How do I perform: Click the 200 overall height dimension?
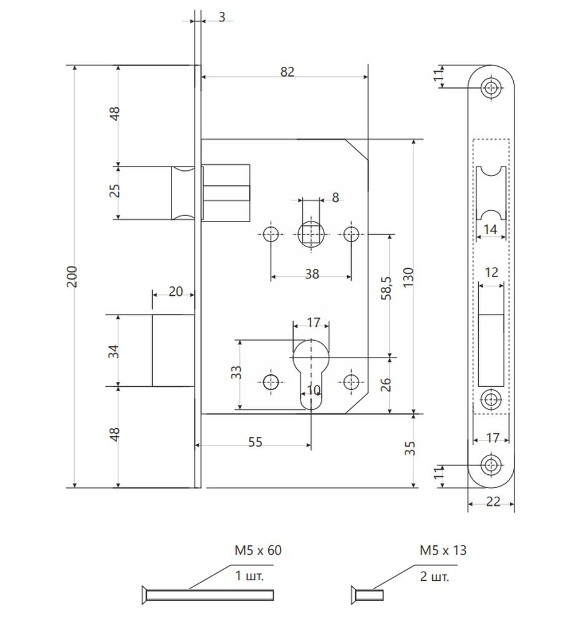pyautogui.click(x=72, y=276)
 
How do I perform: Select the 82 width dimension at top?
pyautogui.click(x=287, y=72)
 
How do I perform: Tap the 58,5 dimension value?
pyautogui.click(x=387, y=288)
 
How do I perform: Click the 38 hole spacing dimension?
pyautogui.click(x=312, y=274)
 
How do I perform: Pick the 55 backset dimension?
pyautogui.click(x=255, y=442)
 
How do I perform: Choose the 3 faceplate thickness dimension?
pyautogui.click(x=221, y=17)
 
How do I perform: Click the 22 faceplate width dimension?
pyautogui.click(x=493, y=502)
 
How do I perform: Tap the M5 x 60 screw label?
pyautogui.click(x=258, y=550)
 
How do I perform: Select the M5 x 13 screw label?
pyautogui.click(x=443, y=550)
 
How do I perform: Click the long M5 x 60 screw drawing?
pyautogui.click(x=208, y=595)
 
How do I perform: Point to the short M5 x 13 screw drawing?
pyautogui.click(x=367, y=595)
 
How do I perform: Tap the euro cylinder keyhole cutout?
pyautogui.click(x=311, y=374)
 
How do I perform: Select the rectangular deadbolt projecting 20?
pyautogui.click(x=173, y=350)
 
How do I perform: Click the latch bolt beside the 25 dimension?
pyautogui.click(x=183, y=193)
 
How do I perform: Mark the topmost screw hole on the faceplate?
pyautogui.click(x=491, y=87)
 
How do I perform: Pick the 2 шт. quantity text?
pyautogui.click(x=435, y=576)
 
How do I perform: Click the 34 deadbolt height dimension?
pyautogui.click(x=113, y=351)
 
